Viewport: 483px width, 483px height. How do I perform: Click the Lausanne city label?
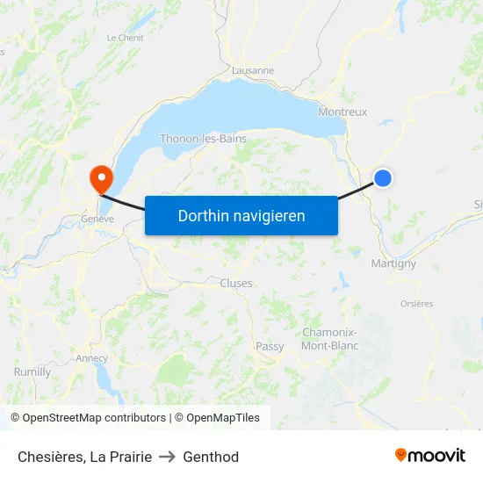pyautogui.click(x=253, y=70)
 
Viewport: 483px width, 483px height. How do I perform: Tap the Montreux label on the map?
pyautogui.click(x=342, y=112)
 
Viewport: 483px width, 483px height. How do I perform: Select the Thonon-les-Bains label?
pyautogui.click(x=203, y=139)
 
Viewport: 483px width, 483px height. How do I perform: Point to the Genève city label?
pyautogui.click(x=97, y=219)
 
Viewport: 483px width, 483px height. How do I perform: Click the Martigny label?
pyautogui.click(x=387, y=263)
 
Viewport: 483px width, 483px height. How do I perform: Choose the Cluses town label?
pyautogui.click(x=236, y=283)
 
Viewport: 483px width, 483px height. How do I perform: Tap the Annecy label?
pyautogui.click(x=91, y=358)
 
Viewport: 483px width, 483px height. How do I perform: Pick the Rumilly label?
pyautogui.click(x=32, y=372)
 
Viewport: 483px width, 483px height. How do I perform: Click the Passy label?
pyautogui.click(x=270, y=346)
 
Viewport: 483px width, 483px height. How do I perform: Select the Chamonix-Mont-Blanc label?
pyautogui.click(x=329, y=339)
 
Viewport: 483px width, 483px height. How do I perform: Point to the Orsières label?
pyautogui.click(x=416, y=304)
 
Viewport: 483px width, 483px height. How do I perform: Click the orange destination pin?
pyautogui.click(x=102, y=179)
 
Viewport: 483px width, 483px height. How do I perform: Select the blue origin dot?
pyautogui.click(x=383, y=178)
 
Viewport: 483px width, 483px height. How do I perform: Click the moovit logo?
pyautogui.click(x=430, y=456)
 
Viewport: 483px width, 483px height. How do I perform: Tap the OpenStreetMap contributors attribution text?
pyautogui.click(x=94, y=418)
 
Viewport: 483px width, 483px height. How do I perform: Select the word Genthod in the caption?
pyautogui.click(x=211, y=457)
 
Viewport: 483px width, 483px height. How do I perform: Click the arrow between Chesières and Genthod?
pyautogui.click(x=168, y=457)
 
